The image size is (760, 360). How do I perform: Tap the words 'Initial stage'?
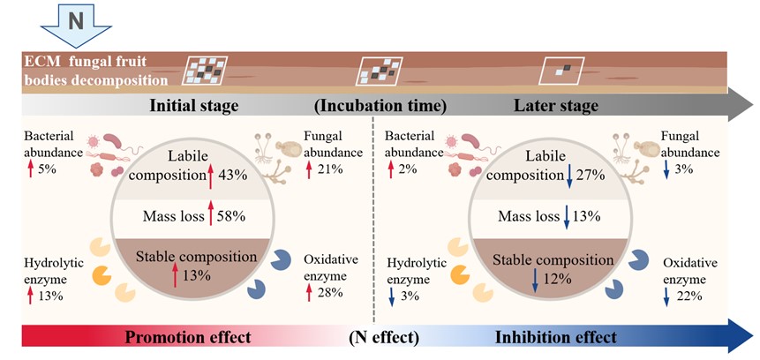tap(193, 106)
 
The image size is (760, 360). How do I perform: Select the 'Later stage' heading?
tap(555, 106)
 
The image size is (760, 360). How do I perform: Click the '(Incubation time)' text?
tap(380, 106)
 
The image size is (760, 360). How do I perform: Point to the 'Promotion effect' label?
tap(188, 337)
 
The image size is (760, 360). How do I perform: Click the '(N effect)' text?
tap(383, 337)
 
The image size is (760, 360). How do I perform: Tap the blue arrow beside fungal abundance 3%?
tap(665, 168)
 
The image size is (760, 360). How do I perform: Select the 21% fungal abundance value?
tap(324, 168)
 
